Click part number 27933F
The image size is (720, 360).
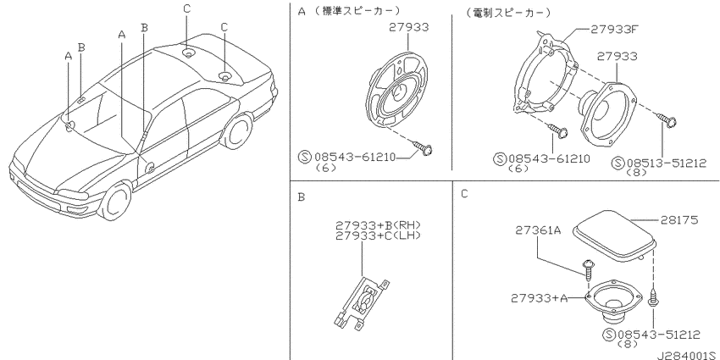(613, 30)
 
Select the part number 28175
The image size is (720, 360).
(679, 220)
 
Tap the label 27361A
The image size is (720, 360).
(538, 230)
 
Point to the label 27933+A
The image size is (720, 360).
(539, 298)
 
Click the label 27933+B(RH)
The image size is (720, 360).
(379, 225)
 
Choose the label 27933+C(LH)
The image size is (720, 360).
(379, 236)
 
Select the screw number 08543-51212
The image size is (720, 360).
(659, 335)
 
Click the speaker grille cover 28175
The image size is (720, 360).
(614, 236)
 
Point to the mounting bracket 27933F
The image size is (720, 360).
(545, 74)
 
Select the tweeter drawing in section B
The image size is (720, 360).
(361, 303)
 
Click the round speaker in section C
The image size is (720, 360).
(612, 302)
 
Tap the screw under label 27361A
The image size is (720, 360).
(588, 270)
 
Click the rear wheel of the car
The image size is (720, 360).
(239, 132)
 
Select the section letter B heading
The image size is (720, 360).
(302, 197)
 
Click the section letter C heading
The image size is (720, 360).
(464, 194)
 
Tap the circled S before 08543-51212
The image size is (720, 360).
(611, 335)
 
